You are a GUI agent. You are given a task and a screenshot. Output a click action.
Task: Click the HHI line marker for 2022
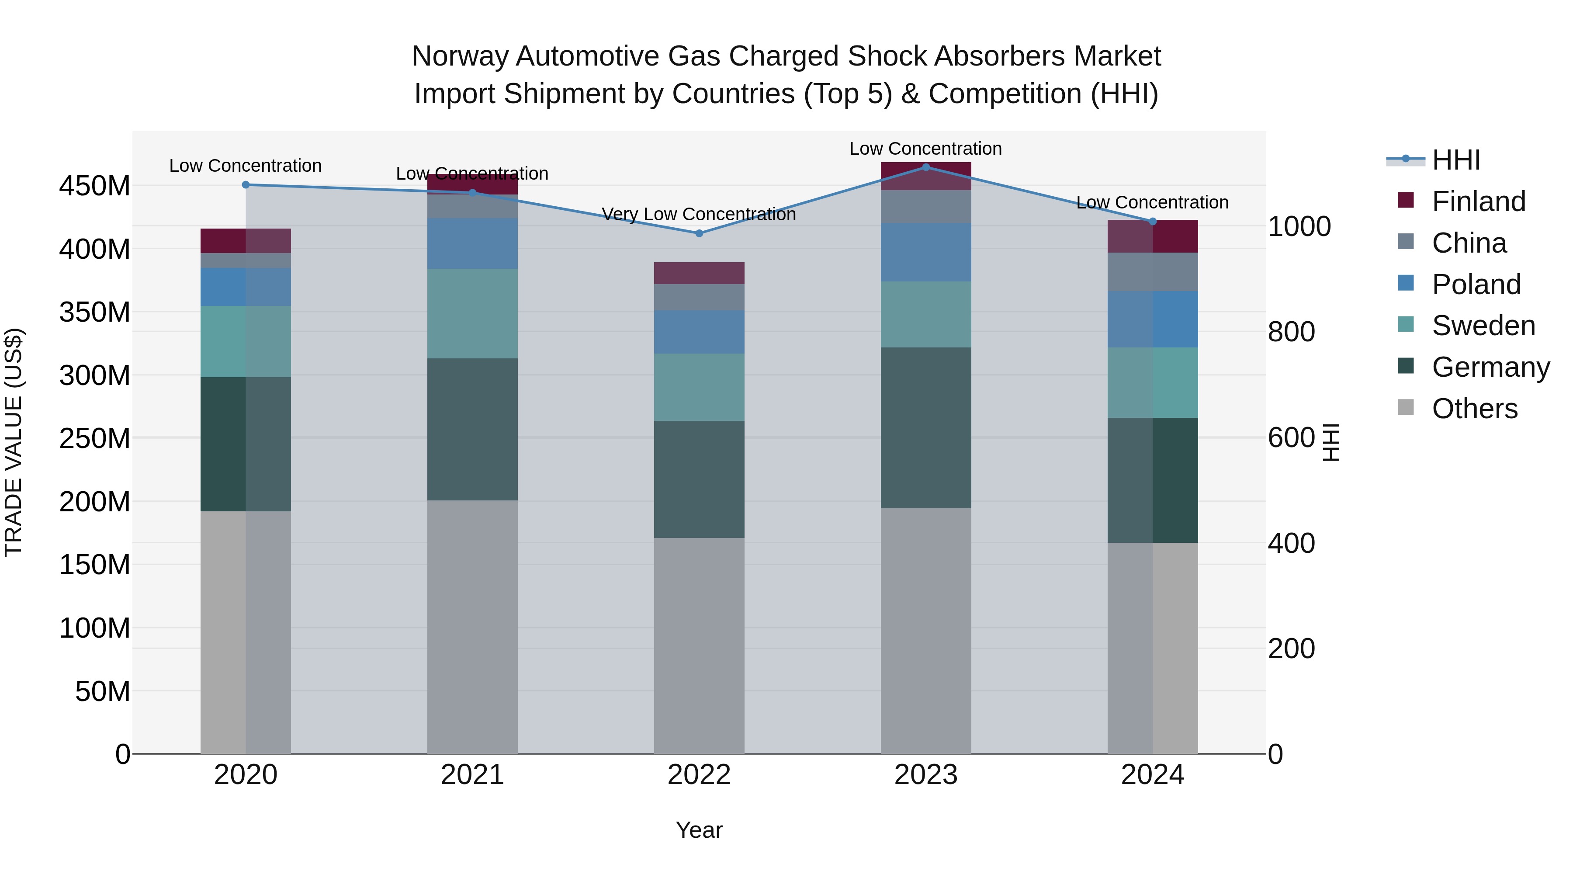click(x=699, y=233)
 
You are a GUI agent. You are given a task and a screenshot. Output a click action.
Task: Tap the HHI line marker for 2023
click(x=926, y=167)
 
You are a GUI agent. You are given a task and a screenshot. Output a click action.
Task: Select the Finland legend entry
click(x=1478, y=201)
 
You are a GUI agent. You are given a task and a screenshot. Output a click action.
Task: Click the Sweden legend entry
click(x=1483, y=326)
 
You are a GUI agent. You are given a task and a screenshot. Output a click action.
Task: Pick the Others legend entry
click(x=1474, y=409)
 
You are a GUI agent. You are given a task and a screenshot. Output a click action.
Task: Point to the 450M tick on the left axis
click(x=95, y=186)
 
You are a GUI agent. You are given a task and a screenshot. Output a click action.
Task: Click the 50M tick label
click(x=103, y=691)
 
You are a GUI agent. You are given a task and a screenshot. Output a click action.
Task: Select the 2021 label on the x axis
click(x=472, y=775)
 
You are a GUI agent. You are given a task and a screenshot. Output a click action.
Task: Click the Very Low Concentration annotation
click(x=699, y=215)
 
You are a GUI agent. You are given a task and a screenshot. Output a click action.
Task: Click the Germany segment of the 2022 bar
click(x=699, y=479)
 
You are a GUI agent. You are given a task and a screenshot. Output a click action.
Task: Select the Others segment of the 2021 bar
click(x=472, y=627)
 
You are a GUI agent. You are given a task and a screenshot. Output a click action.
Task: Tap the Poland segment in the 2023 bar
click(x=926, y=252)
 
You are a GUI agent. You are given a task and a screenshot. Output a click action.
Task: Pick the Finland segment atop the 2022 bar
click(x=699, y=273)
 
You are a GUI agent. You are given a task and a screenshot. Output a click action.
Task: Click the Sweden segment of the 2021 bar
click(x=472, y=313)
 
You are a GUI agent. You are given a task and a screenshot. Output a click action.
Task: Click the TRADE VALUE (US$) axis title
click(x=14, y=442)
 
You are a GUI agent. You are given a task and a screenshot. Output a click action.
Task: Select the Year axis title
click(x=699, y=830)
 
